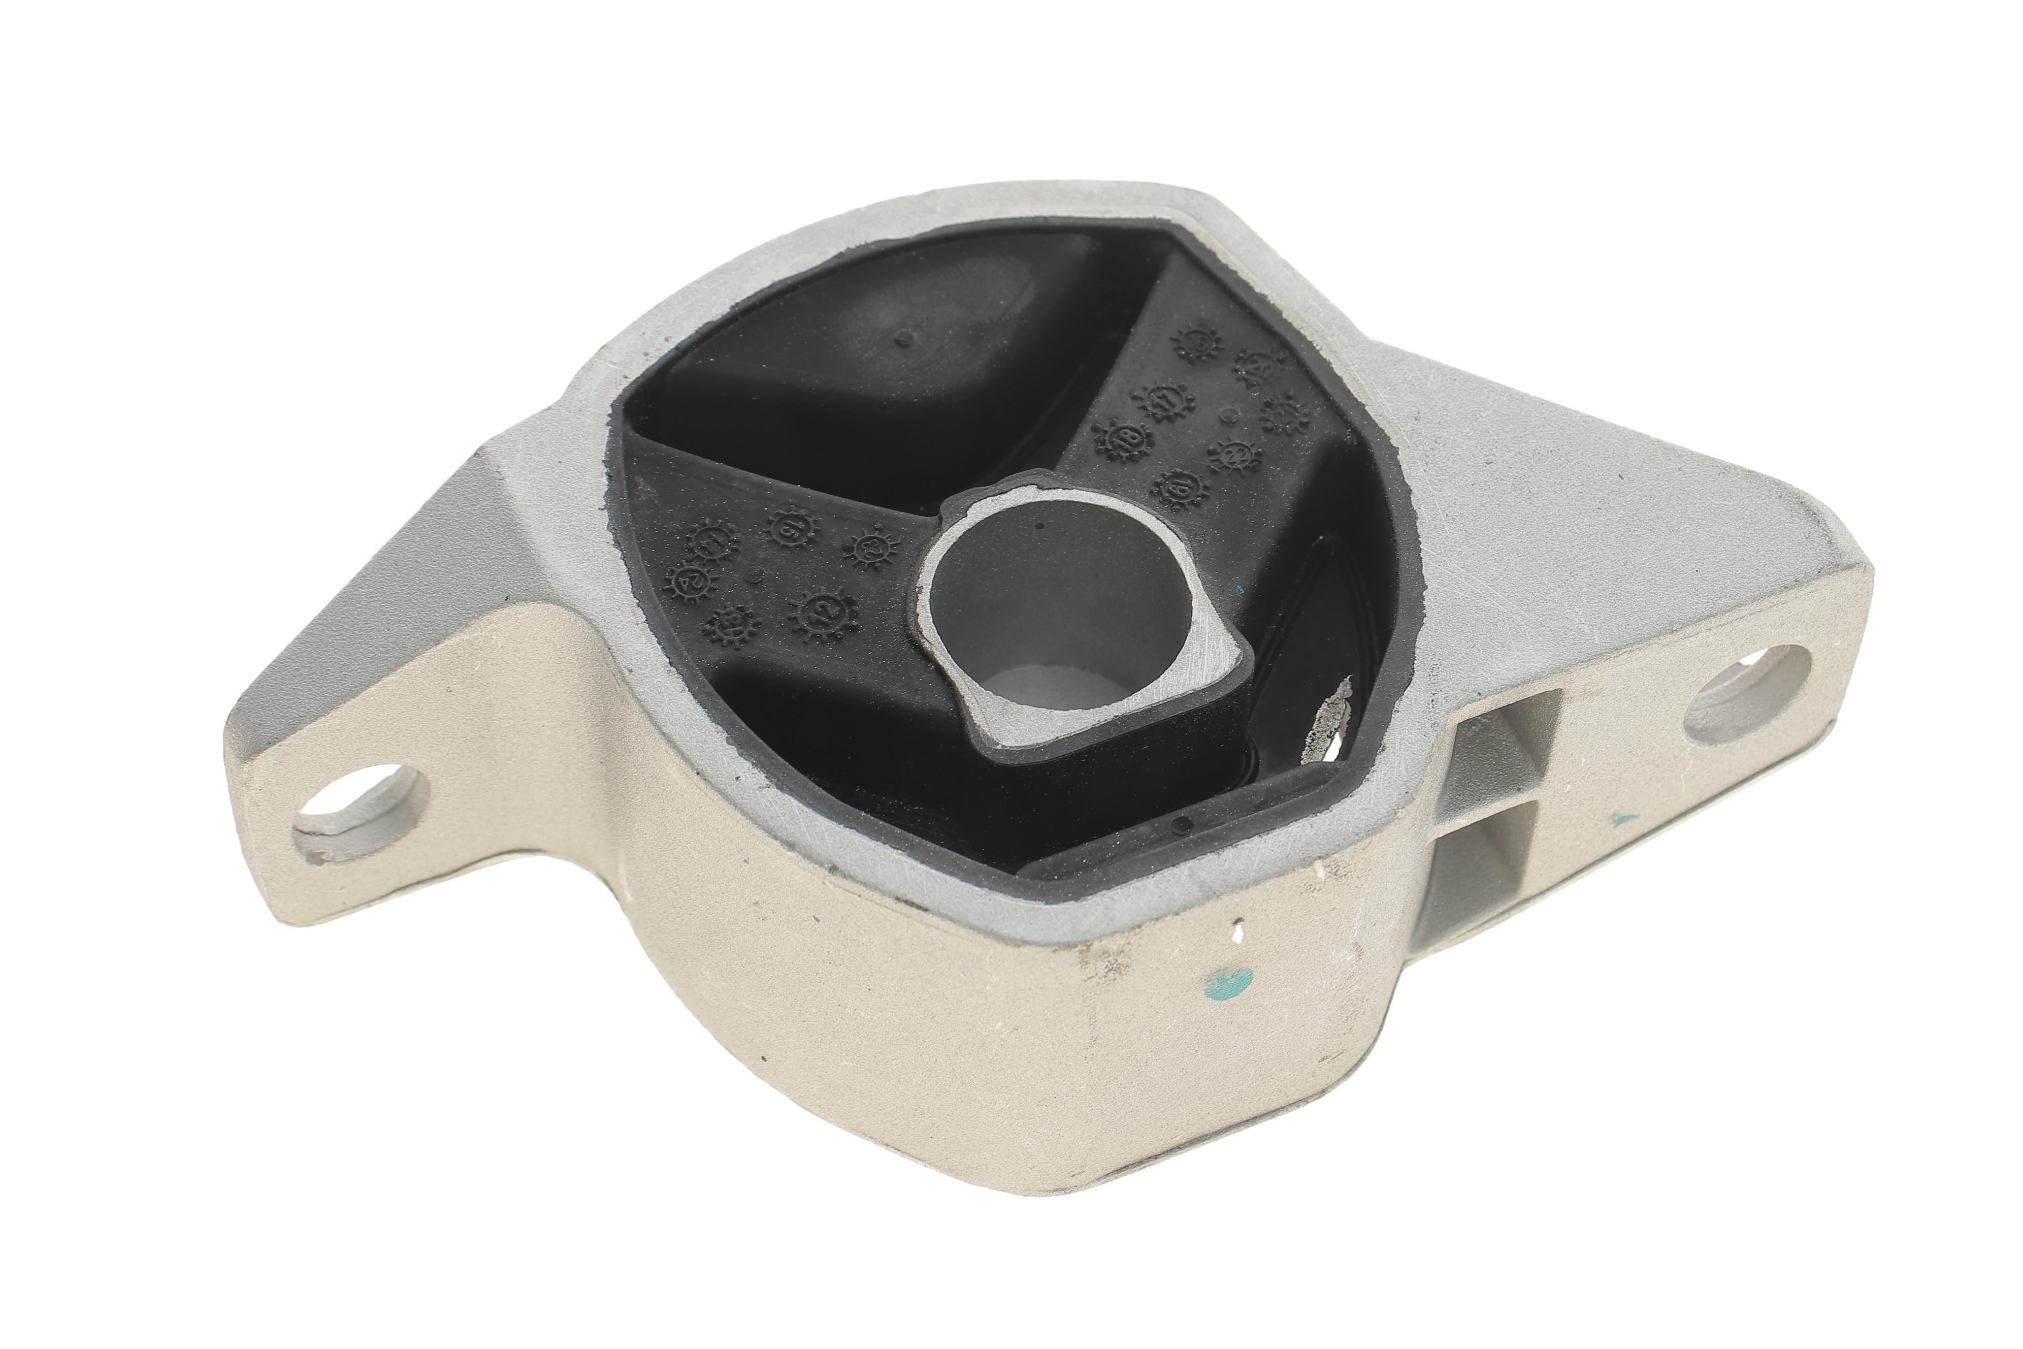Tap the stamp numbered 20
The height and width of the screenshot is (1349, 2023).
point(1257,365)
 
